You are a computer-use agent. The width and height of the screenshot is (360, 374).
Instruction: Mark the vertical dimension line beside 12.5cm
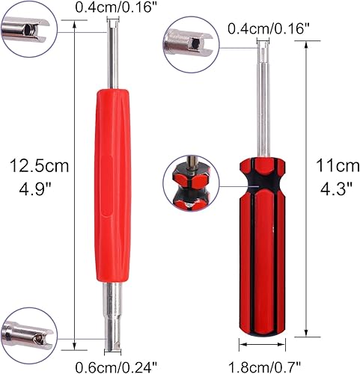[x=79, y=187]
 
